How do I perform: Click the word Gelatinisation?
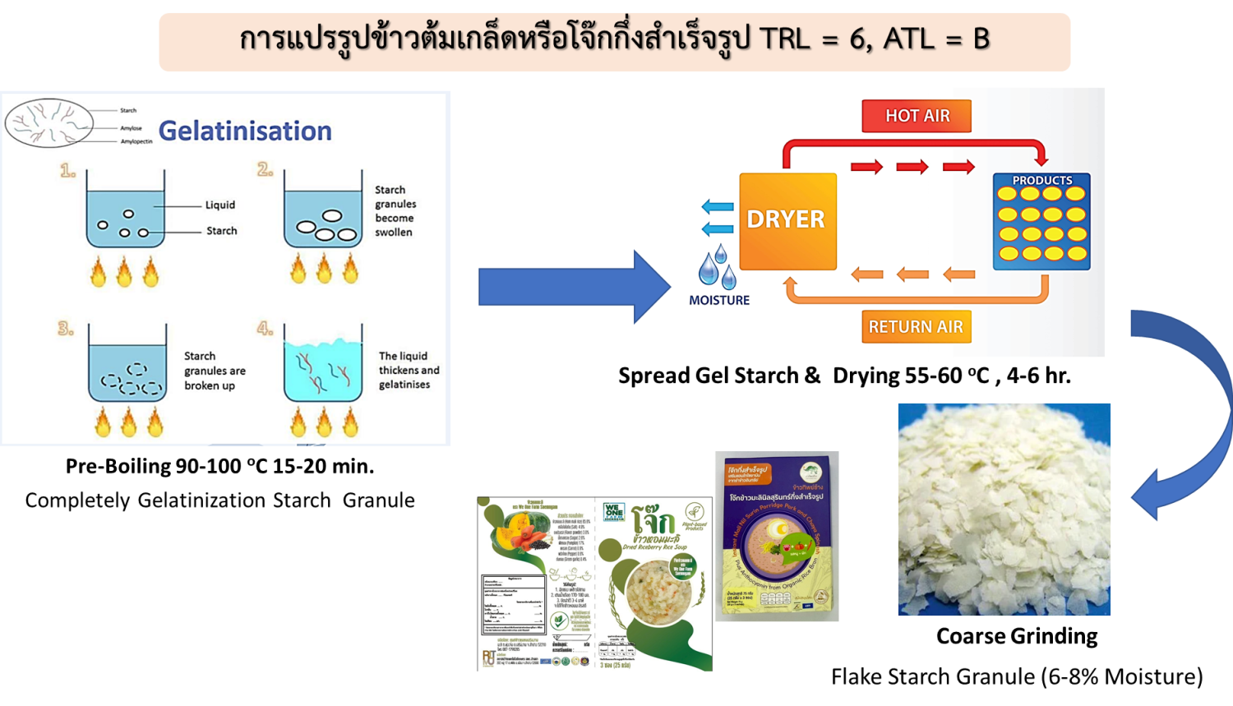click(245, 132)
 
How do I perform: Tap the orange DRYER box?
click(787, 220)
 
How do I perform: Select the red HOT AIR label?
click(917, 116)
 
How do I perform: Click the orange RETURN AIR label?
click(916, 326)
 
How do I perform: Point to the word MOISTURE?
click(719, 301)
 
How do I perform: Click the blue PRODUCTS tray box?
click(1041, 222)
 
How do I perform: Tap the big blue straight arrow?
click(574, 287)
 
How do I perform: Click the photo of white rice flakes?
click(1004, 510)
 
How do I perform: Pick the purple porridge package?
click(777, 537)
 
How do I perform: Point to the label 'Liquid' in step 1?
click(220, 205)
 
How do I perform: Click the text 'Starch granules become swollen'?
click(395, 211)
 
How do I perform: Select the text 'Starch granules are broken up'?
click(215, 371)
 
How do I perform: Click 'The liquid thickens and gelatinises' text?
click(409, 370)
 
